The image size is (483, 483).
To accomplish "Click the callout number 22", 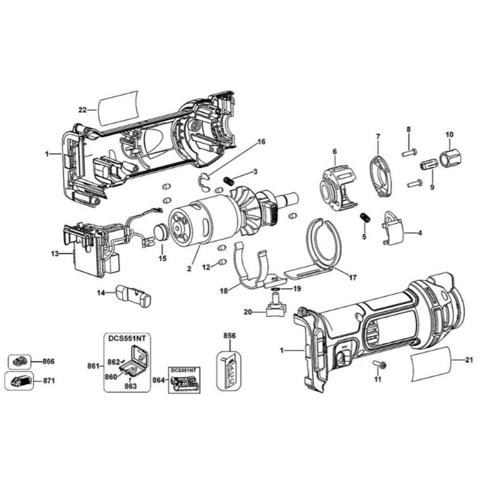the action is coord(82,110).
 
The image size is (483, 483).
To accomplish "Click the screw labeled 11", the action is coord(379,364).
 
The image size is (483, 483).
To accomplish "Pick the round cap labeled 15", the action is coord(160,232).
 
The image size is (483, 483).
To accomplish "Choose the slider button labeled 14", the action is coord(133,296).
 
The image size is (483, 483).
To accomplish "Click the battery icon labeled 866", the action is coord(19,362).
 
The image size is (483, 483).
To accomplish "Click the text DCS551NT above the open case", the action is coord(127,338).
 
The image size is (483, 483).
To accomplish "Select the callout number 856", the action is coord(229,335).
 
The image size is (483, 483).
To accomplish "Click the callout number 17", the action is coord(353,278).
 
